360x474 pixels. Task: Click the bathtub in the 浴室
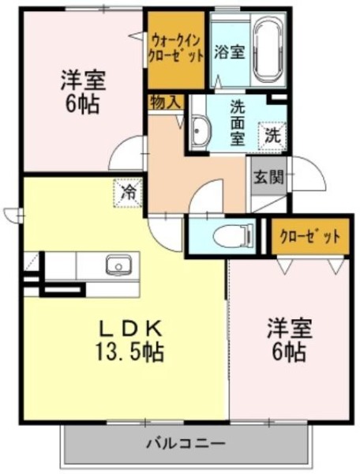(x=268, y=51)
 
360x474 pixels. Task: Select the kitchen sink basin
(x=118, y=265)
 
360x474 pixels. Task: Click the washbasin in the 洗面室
(x=201, y=131)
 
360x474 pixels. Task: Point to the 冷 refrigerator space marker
(x=128, y=194)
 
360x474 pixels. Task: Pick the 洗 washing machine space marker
(x=272, y=136)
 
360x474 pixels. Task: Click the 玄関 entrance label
(x=268, y=178)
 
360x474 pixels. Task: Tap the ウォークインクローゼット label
(x=177, y=48)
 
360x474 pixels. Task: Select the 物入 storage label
(x=166, y=102)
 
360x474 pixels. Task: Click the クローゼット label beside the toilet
(x=310, y=236)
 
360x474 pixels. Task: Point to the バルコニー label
(x=186, y=444)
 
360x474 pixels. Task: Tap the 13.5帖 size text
(x=129, y=352)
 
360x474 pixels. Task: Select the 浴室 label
(x=230, y=52)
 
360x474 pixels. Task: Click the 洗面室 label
(x=238, y=122)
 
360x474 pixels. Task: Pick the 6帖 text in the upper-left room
(x=81, y=104)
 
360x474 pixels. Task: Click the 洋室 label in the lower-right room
(x=289, y=329)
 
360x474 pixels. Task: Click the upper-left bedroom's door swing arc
(x=118, y=149)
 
